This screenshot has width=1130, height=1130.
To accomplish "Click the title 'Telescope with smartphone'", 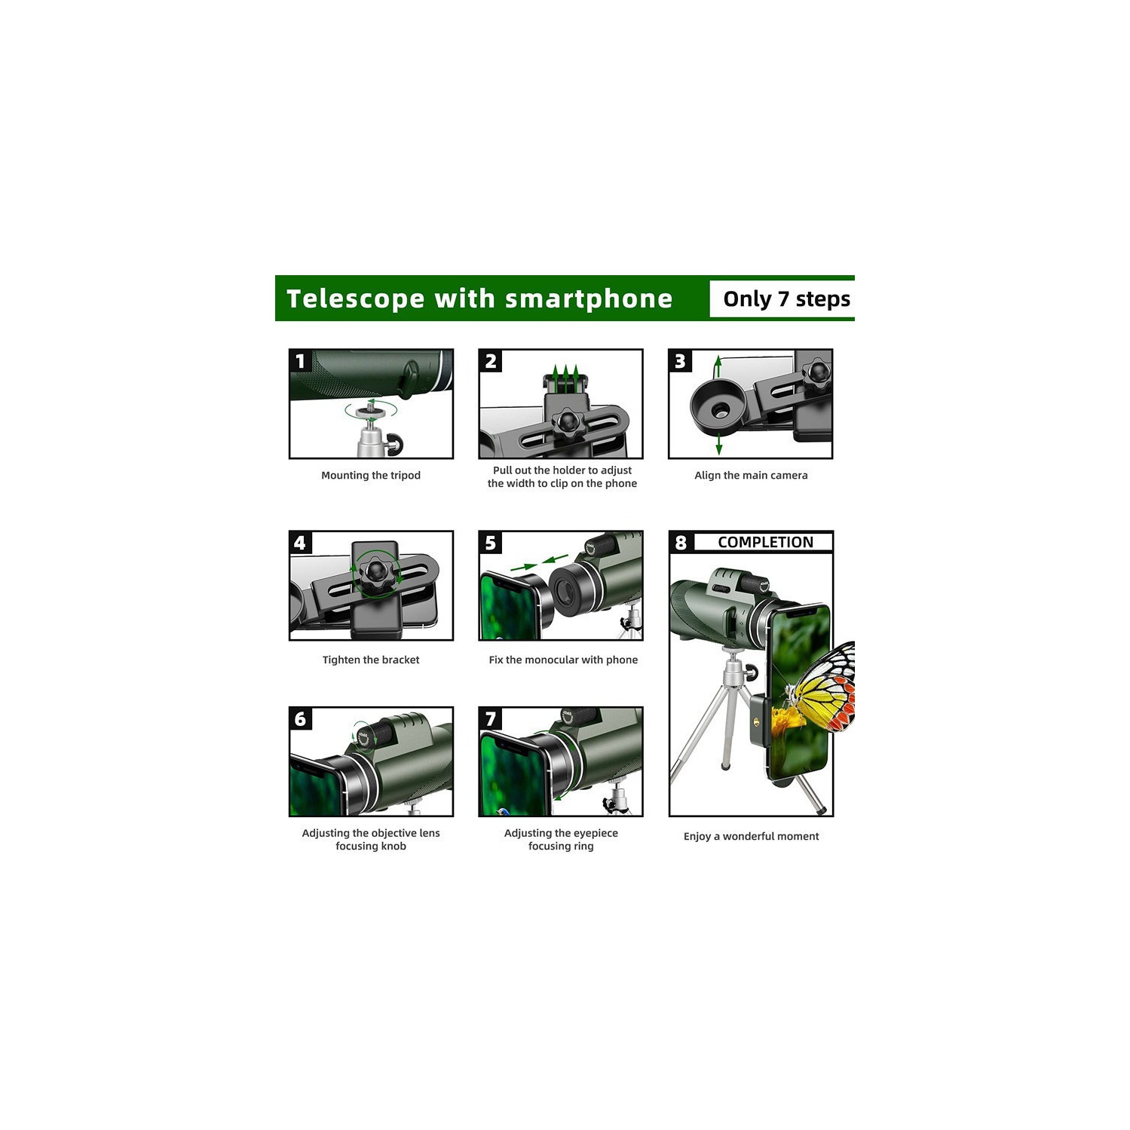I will click(x=479, y=299).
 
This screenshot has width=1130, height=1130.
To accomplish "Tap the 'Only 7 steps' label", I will click(x=786, y=299).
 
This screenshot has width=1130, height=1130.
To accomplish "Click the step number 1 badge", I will click(x=301, y=361).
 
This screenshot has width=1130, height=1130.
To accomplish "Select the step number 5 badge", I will click(x=491, y=543).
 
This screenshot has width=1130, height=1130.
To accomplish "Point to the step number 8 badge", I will click(x=681, y=543).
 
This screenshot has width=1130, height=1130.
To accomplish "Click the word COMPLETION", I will click(x=765, y=542).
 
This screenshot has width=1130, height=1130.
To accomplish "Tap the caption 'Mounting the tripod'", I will click(x=371, y=475).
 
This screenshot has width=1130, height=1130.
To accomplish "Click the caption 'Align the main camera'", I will click(x=751, y=475).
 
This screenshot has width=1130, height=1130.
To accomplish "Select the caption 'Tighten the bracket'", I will click(x=371, y=660).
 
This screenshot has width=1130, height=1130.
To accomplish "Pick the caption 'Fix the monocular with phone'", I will click(x=563, y=660).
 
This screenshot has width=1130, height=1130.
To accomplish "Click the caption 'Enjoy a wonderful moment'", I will click(x=751, y=836).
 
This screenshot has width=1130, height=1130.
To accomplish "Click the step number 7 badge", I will click(x=491, y=719).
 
